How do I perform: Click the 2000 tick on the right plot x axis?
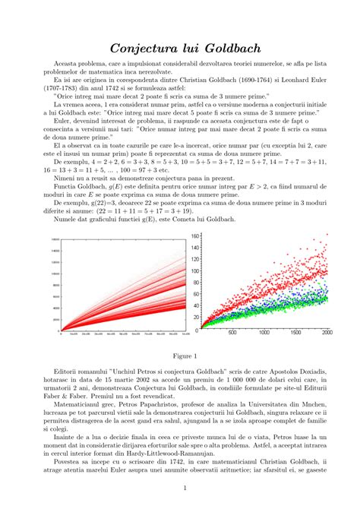(x=327, y=333)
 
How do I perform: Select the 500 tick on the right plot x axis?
(x=232, y=333)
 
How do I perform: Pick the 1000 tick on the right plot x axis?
(x=264, y=333)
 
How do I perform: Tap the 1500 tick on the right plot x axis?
(x=296, y=333)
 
